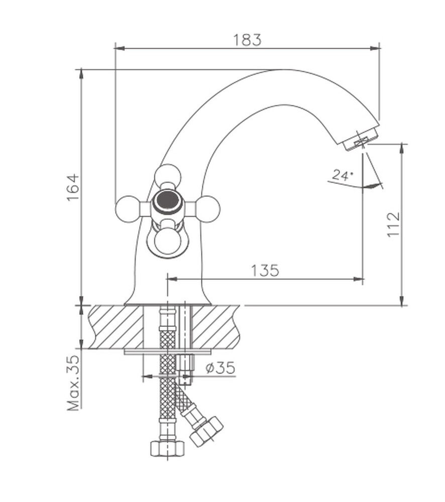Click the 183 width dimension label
coord(247,40)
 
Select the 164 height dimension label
coord(73,187)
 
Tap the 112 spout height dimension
coord(394,224)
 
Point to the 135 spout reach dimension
coord(265,270)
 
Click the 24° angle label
coord(342,175)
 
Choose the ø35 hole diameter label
coord(220,367)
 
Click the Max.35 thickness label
coord(73,383)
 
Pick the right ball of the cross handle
coord(207,209)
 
